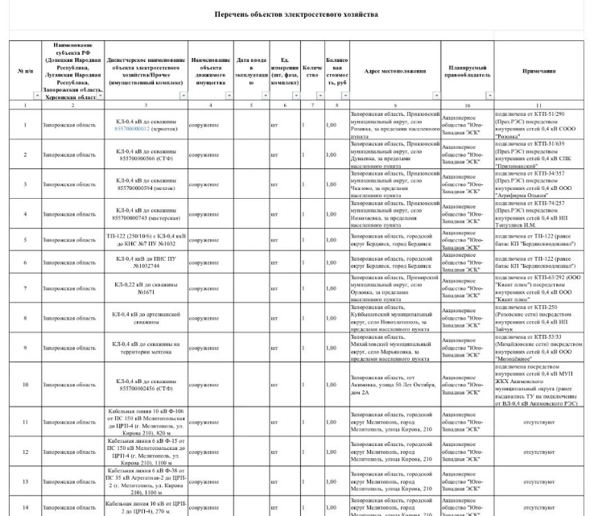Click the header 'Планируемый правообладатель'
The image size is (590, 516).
tap(464, 70)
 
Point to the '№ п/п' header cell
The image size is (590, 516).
tap(25, 70)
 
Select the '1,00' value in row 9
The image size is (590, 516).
tap(330, 348)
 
